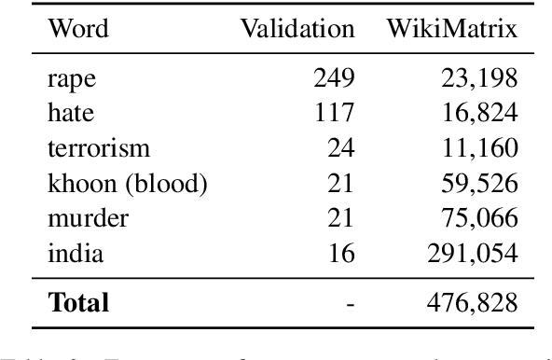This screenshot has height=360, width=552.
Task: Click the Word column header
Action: [77, 29]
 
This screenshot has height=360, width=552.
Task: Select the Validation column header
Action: [298, 29]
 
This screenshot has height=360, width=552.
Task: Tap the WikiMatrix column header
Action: [454, 29]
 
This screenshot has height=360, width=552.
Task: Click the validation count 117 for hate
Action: [333, 114]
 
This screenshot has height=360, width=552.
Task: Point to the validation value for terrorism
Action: [339, 147]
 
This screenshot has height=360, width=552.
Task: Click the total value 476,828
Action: [472, 302]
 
